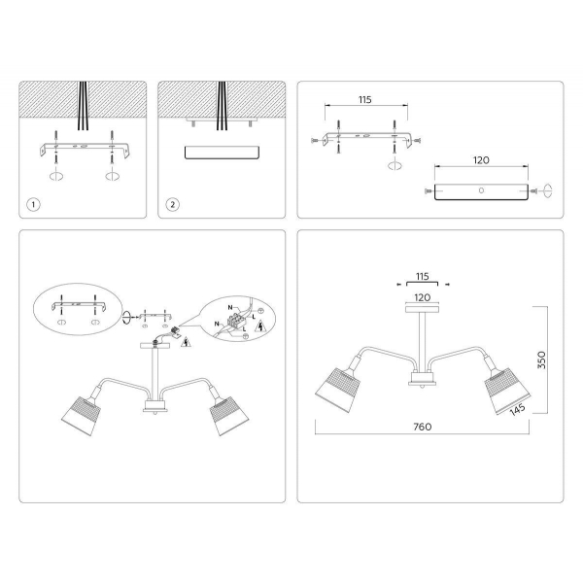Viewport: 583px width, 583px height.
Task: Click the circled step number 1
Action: pyautogui.click(x=33, y=205)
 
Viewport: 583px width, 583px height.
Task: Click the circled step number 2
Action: pyautogui.click(x=172, y=205)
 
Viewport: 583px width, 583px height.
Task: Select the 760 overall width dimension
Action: pyautogui.click(x=422, y=426)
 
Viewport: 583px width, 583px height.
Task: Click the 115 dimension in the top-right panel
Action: pyautogui.click(x=365, y=100)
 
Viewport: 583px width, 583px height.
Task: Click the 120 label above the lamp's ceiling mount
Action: pyautogui.click(x=422, y=299)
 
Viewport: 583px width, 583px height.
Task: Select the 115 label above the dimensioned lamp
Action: pyautogui.click(x=422, y=275)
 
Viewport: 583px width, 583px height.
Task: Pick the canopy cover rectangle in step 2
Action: pyautogui.click(x=221, y=153)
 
